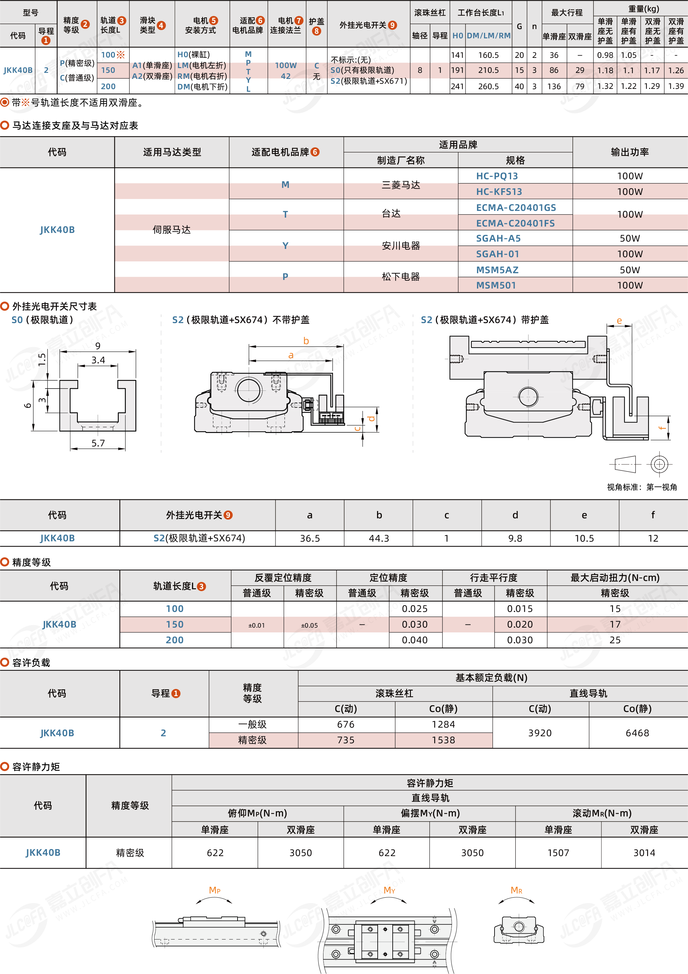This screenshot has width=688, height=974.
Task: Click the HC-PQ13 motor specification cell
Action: coord(497,176)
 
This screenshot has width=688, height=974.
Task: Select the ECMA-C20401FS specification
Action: coord(515,223)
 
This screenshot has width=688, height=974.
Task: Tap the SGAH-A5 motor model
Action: coord(498,238)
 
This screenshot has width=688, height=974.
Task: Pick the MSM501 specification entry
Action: coord(496,285)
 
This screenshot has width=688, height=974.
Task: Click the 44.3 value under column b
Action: coord(379,538)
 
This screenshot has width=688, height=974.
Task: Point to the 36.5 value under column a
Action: coord(310,538)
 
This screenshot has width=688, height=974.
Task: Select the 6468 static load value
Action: coord(637,733)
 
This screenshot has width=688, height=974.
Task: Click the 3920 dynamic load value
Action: coord(540,733)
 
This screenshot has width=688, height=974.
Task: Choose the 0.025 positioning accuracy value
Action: coord(415,609)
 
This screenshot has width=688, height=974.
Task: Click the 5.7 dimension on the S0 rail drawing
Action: coord(98,443)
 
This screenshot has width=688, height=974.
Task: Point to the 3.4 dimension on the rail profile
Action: coord(98,360)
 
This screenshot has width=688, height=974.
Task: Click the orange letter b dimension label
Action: coord(306,341)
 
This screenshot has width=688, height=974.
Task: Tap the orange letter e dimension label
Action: coord(619,321)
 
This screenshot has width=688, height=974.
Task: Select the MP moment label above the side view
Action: coord(215,890)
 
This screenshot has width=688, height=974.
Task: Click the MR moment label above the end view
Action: coord(516,890)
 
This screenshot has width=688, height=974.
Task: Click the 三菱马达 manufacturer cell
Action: coord(401,185)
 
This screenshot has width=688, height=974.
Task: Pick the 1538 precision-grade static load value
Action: coord(443,740)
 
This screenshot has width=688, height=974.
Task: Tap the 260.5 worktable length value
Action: coord(488,87)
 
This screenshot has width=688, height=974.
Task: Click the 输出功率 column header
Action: coord(630,152)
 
